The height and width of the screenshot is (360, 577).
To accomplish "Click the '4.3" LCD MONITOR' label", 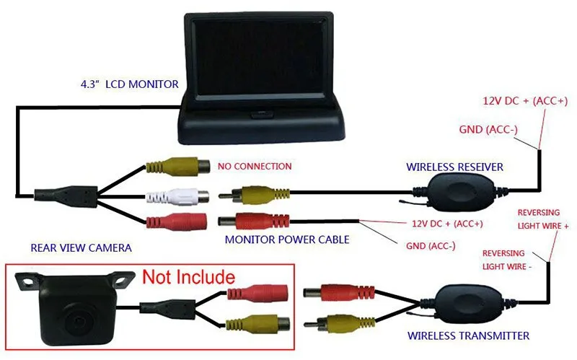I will pyautogui.click(x=129, y=84).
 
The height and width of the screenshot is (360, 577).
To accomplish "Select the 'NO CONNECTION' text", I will pyautogui.click(x=254, y=167).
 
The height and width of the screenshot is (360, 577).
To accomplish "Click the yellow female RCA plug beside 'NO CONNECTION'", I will pyautogui.click(x=177, y=167).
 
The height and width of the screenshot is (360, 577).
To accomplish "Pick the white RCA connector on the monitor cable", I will pyautogui.click(x=177, y=195).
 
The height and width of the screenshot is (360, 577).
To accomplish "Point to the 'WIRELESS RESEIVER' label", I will pyautogui.click(x=454, y=167).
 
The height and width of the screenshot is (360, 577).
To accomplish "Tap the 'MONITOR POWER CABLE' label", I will pyautogui.click(x=287, y=239).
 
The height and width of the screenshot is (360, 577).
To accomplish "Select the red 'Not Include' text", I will pyautogui.click(x=188, y=276).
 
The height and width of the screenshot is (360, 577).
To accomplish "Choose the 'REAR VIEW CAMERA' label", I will pyautogui.click(x=81, y=248).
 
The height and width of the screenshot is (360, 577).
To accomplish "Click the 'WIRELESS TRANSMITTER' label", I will pyautogui.click(x=469, y=335).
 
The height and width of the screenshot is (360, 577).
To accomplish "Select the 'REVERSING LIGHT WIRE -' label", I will pyautogui.click(x=509, y=260).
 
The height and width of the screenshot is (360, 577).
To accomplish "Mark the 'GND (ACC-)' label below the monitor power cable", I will pyautogui.click(x=431, y=246).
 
